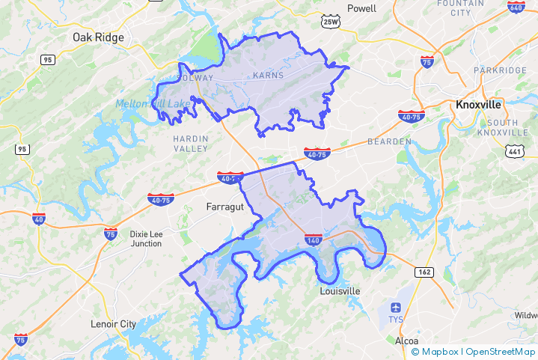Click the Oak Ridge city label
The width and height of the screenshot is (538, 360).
click(x=100, y=36)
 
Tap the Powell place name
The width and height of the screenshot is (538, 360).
click(x=362, y=8)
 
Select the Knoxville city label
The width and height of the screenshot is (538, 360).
click(x=478, y=105)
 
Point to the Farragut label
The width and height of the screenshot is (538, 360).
click(x=226, y=207)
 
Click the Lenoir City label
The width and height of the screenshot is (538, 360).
click(x=113, y=324)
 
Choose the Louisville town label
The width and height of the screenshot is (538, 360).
click(x=340, y=290)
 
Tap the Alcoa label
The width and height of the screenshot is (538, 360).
click(x=407, y=341)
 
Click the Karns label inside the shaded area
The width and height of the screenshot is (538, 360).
click(x=268, y=76)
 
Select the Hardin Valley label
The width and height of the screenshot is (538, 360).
click(x=190, y=144)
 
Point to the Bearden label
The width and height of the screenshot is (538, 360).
click(x=389, y=141)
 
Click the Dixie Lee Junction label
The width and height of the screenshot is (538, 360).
click(x=146, y=238)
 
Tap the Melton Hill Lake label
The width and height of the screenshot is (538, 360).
click(x=153, y=103)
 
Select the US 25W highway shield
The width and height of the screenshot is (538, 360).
click(x=330, y=22)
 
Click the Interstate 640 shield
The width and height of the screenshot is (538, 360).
click(x=516, y=7)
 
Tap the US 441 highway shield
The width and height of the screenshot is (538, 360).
click(x=513, y=150)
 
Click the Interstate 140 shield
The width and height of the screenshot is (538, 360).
click(x=314, y=239)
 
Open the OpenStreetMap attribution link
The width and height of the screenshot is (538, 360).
click(x=500, y=351)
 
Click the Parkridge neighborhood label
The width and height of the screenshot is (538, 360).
click(x=500, y=70)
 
